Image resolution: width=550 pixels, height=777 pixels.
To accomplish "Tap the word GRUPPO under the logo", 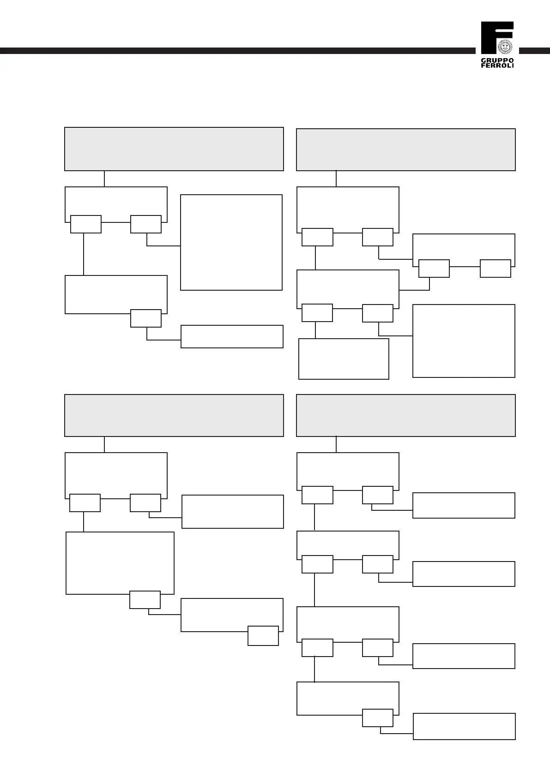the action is [x=497, y=60].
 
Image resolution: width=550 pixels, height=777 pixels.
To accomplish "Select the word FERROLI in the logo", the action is [x=497, y=66].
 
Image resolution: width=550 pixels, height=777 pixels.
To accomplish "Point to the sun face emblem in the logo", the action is [x=505, y=47].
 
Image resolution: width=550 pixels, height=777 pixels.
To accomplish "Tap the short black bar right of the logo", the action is [x=534, y=51].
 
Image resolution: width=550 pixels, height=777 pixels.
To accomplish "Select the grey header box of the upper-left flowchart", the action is [x=174, y=149].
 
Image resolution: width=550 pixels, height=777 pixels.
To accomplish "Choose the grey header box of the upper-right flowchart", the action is [x=405, y=149].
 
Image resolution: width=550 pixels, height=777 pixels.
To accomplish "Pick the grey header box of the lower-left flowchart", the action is [x=174, y=415].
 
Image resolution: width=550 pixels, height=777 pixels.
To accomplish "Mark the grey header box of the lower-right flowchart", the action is [x=405, y=415].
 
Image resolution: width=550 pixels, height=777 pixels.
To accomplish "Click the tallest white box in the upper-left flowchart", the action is [x=231, y=242].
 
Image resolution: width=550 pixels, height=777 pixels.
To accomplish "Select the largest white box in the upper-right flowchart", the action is [x=464, y=341].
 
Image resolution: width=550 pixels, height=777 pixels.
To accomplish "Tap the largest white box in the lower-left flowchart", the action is [x=120, y=561].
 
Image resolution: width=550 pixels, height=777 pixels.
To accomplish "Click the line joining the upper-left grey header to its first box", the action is [x=104, y=179].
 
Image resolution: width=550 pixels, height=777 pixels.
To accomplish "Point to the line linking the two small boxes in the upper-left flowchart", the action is [x=115, y=222].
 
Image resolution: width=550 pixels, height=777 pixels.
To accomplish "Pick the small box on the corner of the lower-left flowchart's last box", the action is [x=263, y=636].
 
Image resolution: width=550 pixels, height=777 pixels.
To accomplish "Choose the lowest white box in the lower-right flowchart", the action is [x=464, y=726].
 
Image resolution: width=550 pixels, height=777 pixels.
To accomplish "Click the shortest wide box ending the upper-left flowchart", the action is [x=232, y=336].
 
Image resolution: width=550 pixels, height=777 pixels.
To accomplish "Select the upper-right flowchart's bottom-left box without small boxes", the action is [x=344, y=359].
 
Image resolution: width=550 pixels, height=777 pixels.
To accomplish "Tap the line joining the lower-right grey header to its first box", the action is [x=336, y=444].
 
